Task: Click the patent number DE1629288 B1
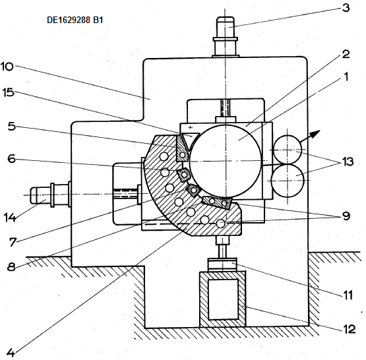pos(75,20)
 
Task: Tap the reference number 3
pos(346,8)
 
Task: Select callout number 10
pos(7,67)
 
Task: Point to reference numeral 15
pos(9,92)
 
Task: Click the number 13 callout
pos(348,162)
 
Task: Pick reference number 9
pos(346,216)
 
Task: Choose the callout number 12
pos(349,329)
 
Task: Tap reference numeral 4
pos(11,353)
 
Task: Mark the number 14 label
pos(10,218)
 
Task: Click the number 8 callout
pos(11,266)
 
